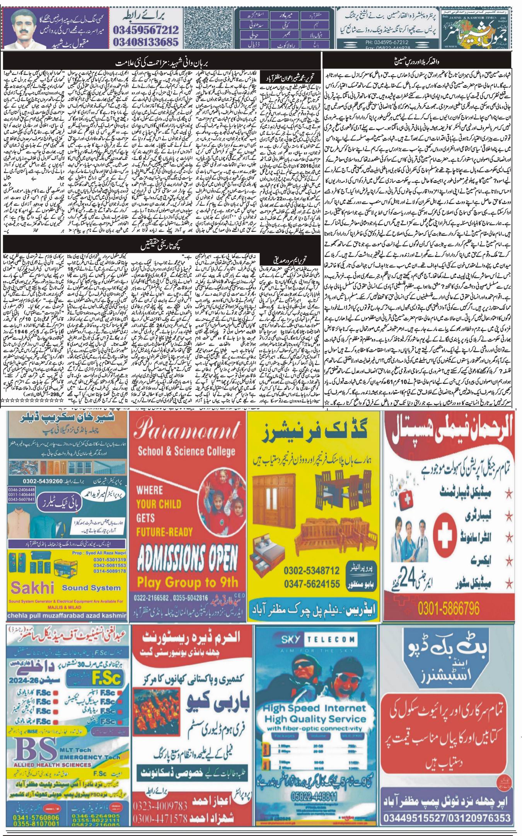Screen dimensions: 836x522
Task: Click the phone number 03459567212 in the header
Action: pos(146,30)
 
